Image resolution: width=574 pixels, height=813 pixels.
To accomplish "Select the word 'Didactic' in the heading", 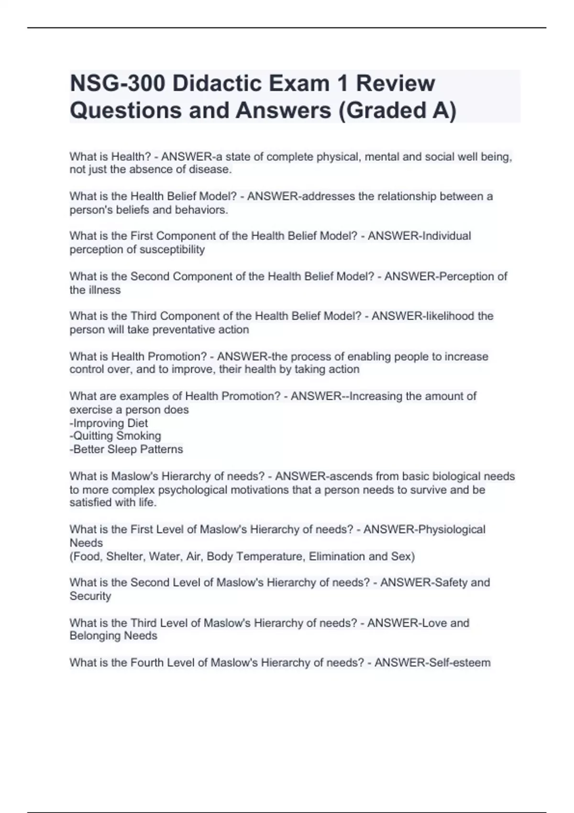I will pyautogui.click(x=216, y=84).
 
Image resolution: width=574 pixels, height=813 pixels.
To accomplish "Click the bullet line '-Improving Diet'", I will pyautogui.click(x=109, y=423).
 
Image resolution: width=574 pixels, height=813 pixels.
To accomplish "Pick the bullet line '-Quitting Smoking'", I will pyautogui.click(x=115, y=436).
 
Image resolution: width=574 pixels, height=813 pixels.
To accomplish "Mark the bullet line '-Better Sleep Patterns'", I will pyautogui.click(x=126, y=450).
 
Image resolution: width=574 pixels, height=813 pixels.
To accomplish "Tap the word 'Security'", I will pyautogui.click(x=90, y=596).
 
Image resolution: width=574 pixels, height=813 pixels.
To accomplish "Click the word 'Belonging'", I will pyautogui.click(x=95, y=636).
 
